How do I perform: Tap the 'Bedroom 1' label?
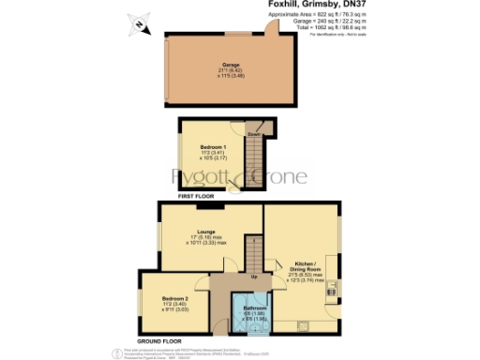[x=214, y=146]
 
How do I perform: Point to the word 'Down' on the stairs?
[x=252, y=133]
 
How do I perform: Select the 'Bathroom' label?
[x=255, y=308]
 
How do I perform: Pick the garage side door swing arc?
[x=272, y=30]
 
